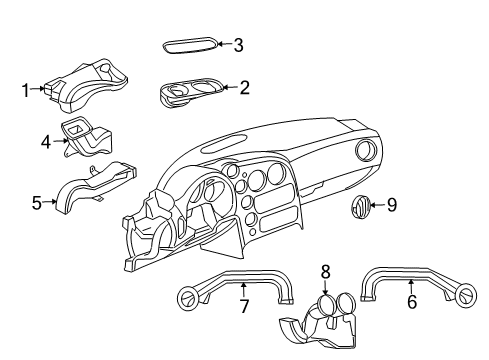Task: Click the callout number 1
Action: (26, 91)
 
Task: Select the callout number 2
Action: (243, 88)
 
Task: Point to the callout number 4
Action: (46, 142)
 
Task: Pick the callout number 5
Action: (37, 203)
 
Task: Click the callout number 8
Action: (325, 271)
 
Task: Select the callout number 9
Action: (392, 206)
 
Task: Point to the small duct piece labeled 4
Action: (86, 135)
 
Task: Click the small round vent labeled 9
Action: (359, 207)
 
